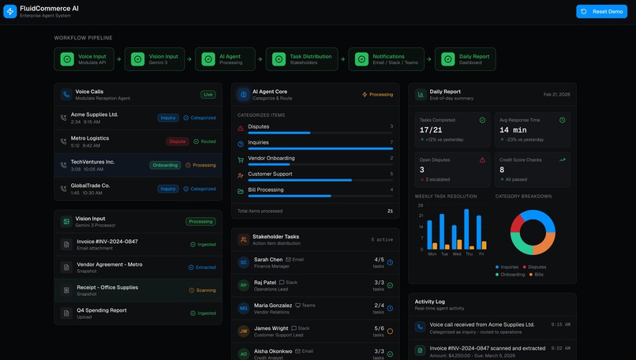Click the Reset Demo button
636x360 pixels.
tap(601, 11)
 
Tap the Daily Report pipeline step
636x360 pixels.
tap(466, 59)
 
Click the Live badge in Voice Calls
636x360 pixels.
tap(208, 94)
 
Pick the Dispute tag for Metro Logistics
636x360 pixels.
tap(178, 141)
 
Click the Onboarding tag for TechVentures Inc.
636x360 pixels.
tap(165, 165)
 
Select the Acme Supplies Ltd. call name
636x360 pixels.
tap(94, 114)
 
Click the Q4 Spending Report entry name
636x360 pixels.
tap(101, 310)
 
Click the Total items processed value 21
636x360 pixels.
tap(390, 211)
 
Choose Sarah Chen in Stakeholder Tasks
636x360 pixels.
tap(268, 259)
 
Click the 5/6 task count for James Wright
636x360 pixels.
tap(380, 328)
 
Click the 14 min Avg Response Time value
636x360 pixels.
tap(513, 129)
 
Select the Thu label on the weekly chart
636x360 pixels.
tap(469, 253)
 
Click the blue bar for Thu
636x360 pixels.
tap(466, 229)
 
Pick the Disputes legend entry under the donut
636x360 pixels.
tap(537, 267)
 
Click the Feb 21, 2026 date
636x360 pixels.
tap(556, 94)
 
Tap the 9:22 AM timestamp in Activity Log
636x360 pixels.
tap(560, 348)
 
